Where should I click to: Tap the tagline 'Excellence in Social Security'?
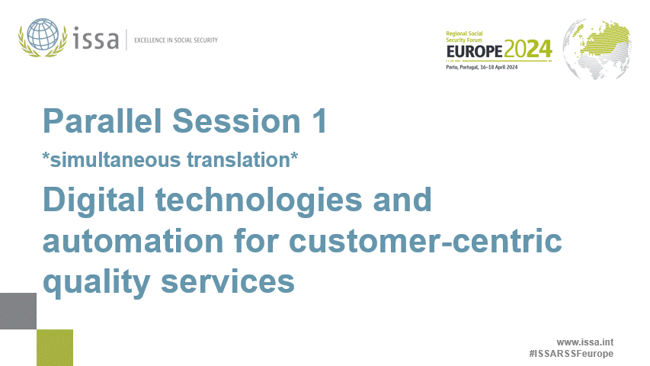176,40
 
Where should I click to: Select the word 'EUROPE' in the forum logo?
473,50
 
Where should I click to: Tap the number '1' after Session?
319,121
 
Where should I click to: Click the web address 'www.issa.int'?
585,342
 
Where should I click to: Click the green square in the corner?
55,348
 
